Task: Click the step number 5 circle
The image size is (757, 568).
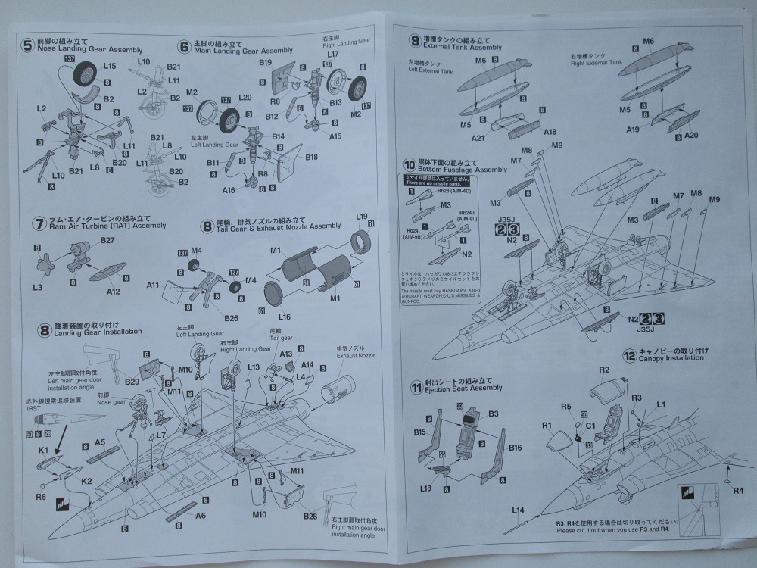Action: (x=28, y=45)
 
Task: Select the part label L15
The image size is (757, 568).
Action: (x=109, y=66)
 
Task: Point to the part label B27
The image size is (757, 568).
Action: (x=107, y=241)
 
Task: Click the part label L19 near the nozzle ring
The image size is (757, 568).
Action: (x=362, y=216)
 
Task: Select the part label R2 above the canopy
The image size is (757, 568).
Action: (x=604, y=370)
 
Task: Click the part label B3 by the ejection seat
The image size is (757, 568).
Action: (x=493, y=414)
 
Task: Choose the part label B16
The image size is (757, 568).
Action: (x=516, y=448)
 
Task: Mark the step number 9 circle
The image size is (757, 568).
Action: (x=415, y=42)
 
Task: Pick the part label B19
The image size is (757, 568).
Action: (x=265, y=62)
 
